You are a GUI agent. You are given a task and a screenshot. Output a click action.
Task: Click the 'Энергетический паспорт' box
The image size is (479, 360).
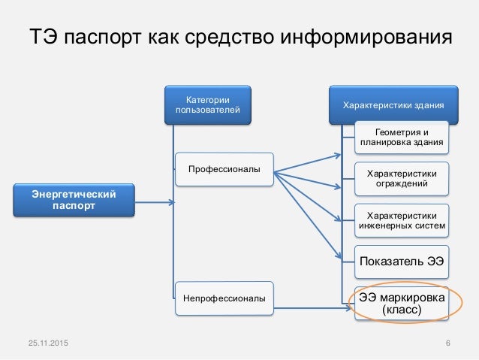74,201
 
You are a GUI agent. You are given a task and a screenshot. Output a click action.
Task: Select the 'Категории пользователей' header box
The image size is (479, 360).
208,105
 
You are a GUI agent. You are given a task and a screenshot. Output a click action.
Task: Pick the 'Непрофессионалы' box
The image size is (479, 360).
224,298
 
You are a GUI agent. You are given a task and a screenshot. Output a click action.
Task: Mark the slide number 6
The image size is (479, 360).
447,343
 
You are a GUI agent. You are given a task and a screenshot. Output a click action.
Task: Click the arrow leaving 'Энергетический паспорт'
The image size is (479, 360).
154,201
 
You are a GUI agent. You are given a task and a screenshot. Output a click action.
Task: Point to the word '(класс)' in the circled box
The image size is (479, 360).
401,310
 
